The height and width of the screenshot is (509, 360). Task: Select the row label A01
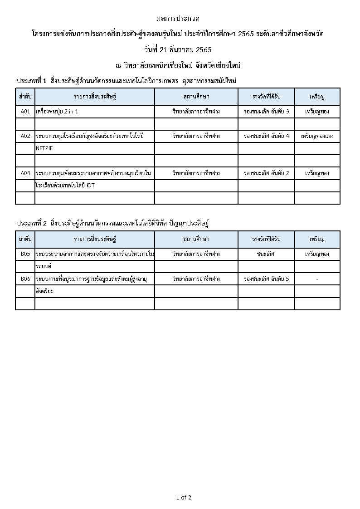tap(25, 112)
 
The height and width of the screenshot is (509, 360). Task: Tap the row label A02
tap(25, 136)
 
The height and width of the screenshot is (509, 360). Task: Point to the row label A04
tap(25, 173)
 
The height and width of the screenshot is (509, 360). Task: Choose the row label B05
tap(25, 254)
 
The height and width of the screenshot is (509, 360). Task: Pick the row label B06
tap(25, 279)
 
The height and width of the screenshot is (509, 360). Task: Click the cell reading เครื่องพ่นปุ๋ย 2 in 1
tap(60, 112)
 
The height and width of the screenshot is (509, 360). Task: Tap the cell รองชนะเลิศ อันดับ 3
tap(266, 112)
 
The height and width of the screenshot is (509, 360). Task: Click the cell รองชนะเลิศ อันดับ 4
tap(266, 136)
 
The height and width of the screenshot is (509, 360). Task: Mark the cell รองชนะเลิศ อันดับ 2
tap(266, 173)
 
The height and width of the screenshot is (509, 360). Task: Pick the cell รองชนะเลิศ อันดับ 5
tap(266, 279)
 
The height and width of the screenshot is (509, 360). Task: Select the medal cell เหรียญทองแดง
tap(317, 136)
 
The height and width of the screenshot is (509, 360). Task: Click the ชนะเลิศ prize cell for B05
tap(266, 254)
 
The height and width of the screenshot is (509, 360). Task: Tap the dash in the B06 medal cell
tap(317, 279)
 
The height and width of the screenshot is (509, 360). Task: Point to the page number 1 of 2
tap(184, 498)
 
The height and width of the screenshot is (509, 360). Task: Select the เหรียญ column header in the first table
tap(317, 97)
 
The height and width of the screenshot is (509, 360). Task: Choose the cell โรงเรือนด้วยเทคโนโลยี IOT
tap(65, 186)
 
